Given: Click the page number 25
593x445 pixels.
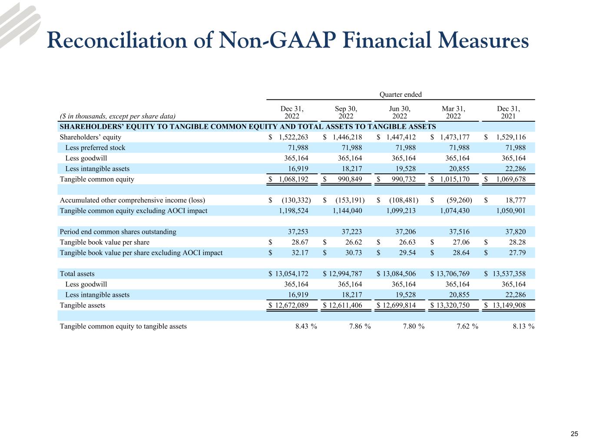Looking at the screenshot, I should (x=574, y=434).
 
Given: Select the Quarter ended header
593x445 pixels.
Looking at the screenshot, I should (x=400, y=95).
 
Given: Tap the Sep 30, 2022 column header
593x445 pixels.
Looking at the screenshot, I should (x=346, y=113).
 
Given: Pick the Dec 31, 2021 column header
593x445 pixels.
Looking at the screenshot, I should (x=508, y=113).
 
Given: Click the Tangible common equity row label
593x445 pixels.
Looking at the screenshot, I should (x=97, y=179).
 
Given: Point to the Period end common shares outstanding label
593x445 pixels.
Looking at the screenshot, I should (x=118, y=232).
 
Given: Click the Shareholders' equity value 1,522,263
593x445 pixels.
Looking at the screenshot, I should (x=293, y=137).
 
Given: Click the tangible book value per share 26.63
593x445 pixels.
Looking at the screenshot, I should (x=407, y=242).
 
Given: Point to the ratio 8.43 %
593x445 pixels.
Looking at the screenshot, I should (x=305, y=326).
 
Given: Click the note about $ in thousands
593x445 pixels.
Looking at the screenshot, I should (x=118, y=116).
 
